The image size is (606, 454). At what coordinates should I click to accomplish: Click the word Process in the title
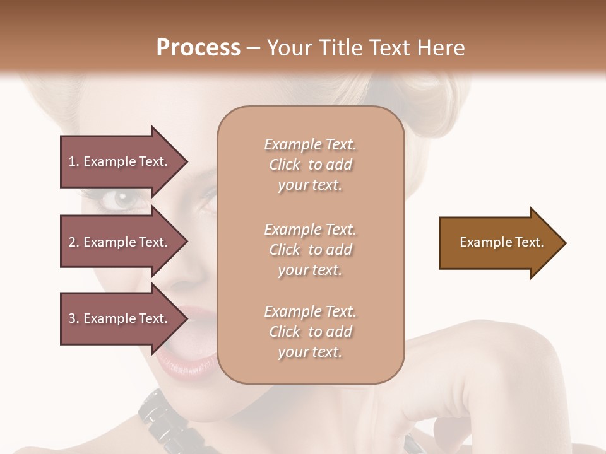198,48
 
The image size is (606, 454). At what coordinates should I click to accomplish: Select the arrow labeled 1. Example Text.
120,161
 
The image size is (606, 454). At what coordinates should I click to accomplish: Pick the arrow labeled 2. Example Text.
120,242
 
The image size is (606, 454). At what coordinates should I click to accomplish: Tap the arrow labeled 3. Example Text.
120,318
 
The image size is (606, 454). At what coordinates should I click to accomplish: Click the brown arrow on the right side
499,242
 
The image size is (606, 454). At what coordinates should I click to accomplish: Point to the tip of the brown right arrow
565,243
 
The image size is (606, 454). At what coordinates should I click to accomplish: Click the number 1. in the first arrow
74,161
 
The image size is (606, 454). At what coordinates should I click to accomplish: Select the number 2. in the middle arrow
74,242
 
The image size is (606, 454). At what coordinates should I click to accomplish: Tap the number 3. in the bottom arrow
74,318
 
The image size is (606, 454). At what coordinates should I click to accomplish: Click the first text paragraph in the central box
310,165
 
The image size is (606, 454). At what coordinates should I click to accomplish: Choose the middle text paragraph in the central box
310,250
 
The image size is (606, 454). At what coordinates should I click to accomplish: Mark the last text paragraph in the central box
310,332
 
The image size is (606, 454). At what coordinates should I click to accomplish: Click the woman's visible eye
124,201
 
